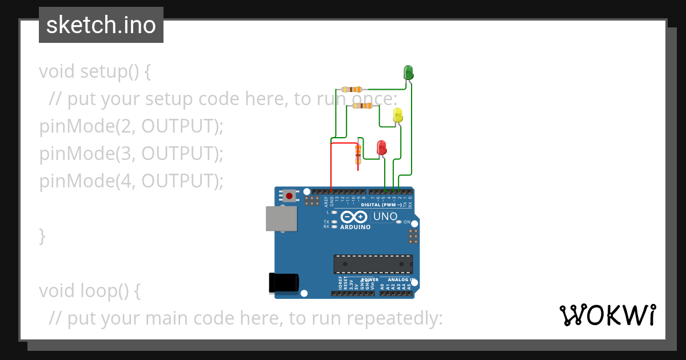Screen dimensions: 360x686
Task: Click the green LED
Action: [408, 73]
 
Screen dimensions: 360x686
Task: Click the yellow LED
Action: [398, 115]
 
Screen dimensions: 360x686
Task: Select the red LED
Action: [381, 147]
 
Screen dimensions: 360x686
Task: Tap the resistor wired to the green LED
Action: [352, 89]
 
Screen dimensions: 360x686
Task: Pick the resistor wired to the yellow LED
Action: [362, 106]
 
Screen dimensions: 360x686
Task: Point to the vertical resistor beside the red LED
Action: [358, 153]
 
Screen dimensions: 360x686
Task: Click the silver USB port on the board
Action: [281, 219]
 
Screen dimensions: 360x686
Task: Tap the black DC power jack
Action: [284, 283]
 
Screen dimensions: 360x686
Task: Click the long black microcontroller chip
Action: [373, 264]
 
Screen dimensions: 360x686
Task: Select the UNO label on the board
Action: [385, 217]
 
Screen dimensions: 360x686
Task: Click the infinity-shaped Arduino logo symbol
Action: [354, 217]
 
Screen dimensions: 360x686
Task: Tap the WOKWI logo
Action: [607, 315]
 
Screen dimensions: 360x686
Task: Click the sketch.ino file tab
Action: [101, 25]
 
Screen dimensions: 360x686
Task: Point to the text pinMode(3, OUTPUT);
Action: [131, 153]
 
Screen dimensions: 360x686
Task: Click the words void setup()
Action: [95, 71]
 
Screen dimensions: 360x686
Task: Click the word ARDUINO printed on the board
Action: [355, 227]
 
